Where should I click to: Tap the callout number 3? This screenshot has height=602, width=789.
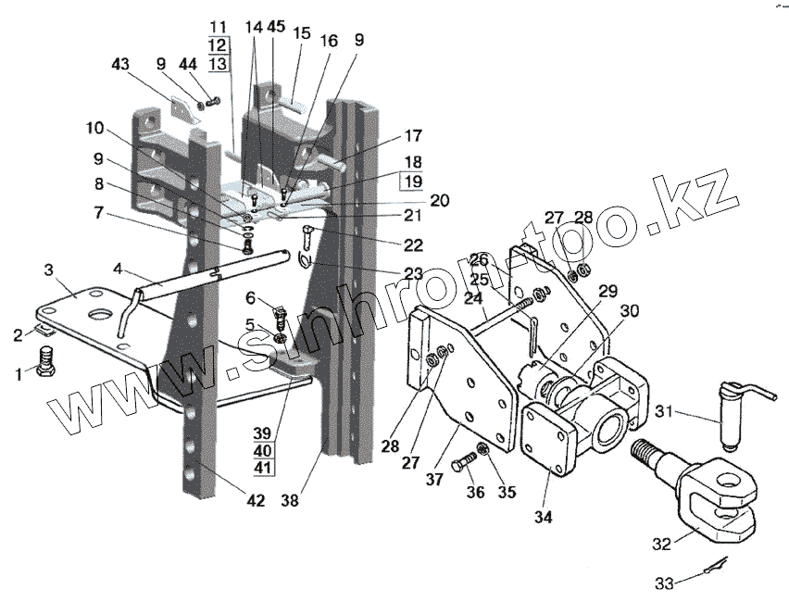coord(48,270)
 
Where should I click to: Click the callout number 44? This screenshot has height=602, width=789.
coord(188,64)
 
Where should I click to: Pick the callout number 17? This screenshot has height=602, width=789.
coord(412,135)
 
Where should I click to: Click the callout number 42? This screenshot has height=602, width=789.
coord(256,501)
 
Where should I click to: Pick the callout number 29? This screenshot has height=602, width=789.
coord(607,292)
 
